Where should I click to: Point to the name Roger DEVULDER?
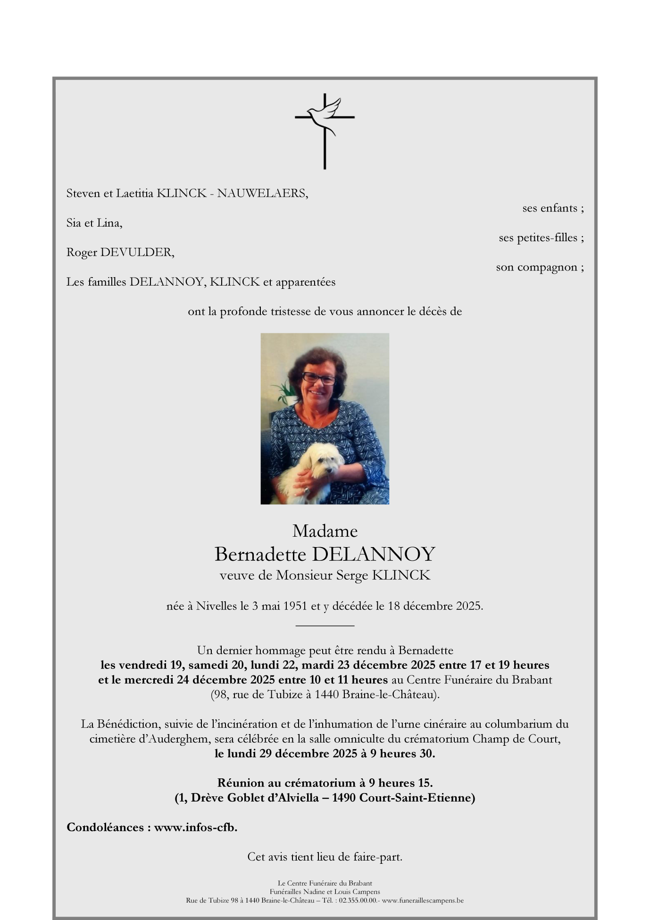(x=120, y=253)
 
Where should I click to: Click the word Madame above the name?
(x=325, y=531)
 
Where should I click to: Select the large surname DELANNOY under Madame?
(x=373, y=554)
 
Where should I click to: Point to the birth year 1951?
(x=296, y=606)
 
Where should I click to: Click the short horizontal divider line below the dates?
(x=325, y=625)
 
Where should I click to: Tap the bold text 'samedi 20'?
(x=215, y=665)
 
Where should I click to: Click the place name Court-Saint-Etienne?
(x=417, y=798)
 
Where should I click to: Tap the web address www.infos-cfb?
(x=195, y=827)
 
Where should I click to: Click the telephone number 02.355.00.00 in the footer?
(x=358, y=900)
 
